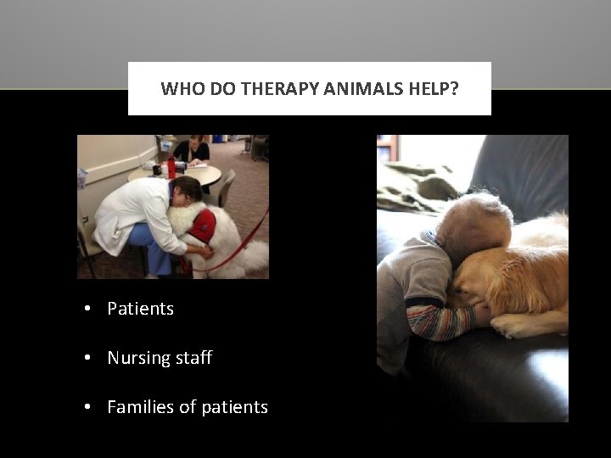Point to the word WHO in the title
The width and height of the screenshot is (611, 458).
182,88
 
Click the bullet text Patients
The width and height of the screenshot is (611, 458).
140,309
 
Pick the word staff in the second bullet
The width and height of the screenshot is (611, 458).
193,358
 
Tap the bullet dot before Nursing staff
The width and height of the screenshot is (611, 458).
88,359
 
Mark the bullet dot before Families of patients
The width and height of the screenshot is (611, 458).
88,408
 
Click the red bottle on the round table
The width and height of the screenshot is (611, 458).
171,167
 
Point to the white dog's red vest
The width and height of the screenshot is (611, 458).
203,226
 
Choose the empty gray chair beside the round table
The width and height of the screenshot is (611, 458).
227,187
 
